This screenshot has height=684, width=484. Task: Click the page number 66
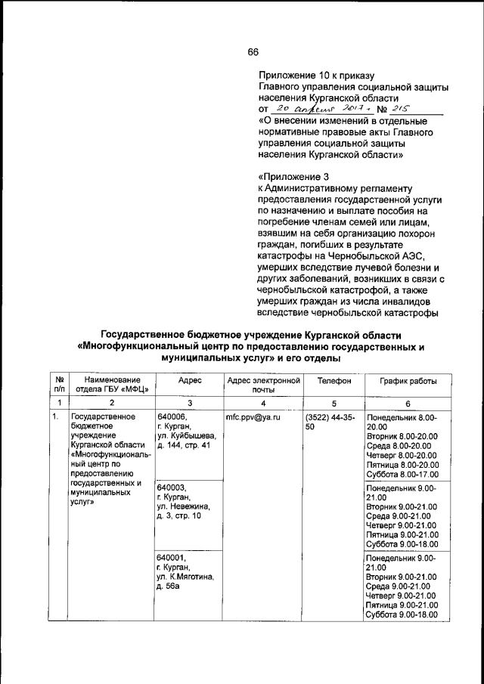pos(253,51)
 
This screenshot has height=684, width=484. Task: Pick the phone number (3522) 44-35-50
pos(331,422)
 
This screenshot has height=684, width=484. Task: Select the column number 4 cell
pos(262,402)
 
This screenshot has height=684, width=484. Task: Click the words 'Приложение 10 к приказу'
pos(317,74)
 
